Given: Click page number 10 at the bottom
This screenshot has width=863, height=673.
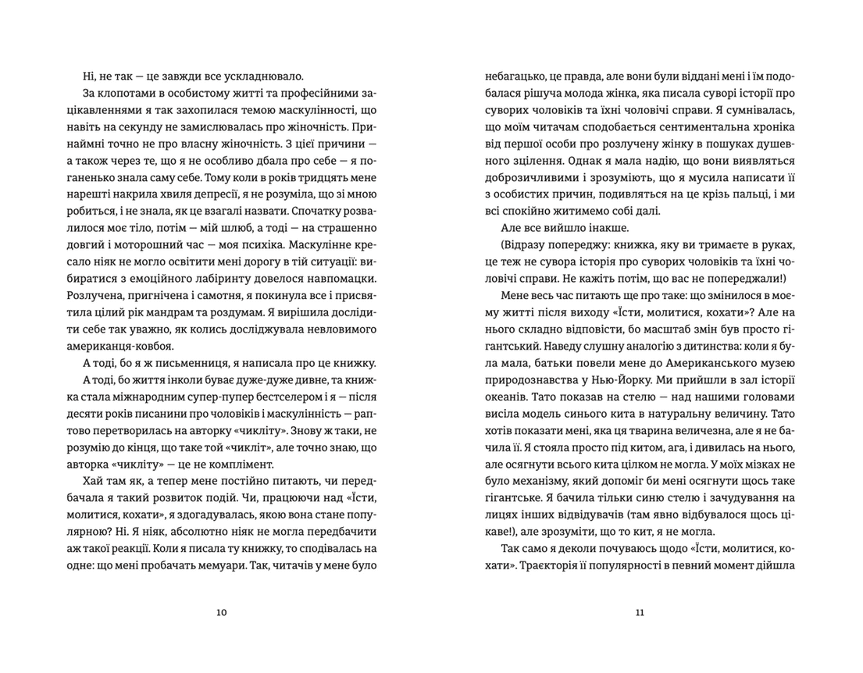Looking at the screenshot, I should [x=221, y=613].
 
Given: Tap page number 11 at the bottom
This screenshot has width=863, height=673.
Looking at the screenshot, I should [x=640, y=613].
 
